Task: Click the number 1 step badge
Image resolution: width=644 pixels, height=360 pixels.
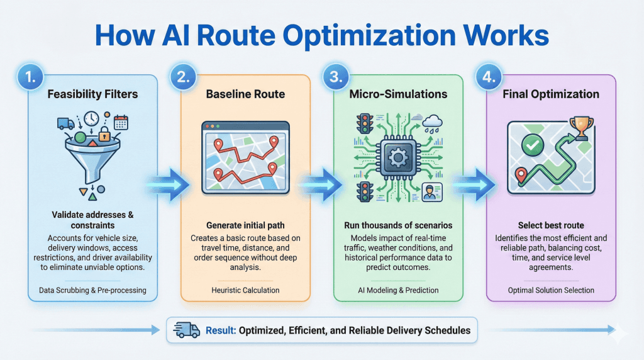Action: coord(30,77)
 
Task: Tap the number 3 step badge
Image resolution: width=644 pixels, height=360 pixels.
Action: coord(336,77)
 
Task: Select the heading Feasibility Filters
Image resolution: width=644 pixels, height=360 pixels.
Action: coord(92,94)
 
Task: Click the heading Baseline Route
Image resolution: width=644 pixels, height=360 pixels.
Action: coord(245,94)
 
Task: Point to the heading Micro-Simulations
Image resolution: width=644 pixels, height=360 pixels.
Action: coord(398,94)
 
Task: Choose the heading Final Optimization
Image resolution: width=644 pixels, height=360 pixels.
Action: coord(551,94)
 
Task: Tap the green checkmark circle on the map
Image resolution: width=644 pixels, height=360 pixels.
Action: coord(532,145)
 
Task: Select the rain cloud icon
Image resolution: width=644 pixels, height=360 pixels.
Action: coord(433,123)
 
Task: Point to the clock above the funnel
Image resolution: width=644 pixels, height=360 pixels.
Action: coord(91,118)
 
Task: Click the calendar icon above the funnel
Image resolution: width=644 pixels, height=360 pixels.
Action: coord(121,122)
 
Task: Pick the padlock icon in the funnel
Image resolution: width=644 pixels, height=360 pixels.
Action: coord(104,134)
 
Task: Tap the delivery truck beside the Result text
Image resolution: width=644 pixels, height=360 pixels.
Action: coord(187,330)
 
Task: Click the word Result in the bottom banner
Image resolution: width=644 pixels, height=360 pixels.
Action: coord(221,330)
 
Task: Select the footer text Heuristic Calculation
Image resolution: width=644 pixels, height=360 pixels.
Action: coord(245,290)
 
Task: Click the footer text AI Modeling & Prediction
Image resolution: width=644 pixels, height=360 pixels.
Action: coord(398,290)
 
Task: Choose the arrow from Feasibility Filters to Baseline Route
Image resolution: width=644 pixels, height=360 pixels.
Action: coord(169,184)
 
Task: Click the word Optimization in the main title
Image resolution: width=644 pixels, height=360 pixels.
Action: coord(369,36)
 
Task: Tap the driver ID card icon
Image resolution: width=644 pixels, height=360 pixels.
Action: coord(432,193)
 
